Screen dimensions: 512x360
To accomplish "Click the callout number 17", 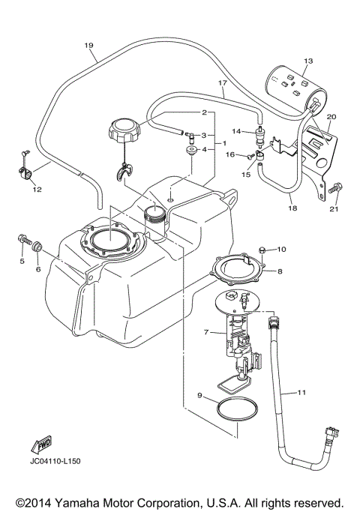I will [x=222, y=83].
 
